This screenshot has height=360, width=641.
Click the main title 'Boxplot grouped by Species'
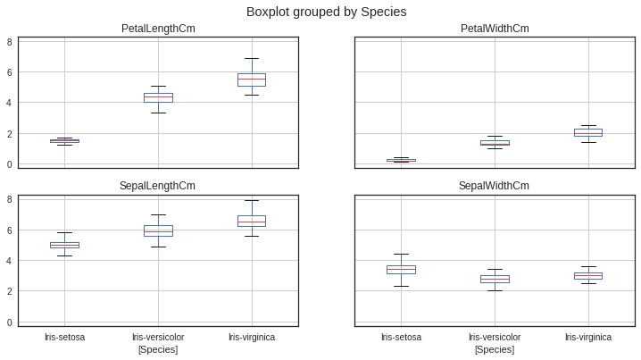tap(320, 12)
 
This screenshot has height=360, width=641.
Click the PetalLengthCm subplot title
tap(158, 29)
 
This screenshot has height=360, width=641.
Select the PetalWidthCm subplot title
tap(495, 29)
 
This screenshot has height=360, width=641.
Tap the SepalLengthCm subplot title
tap(158, 185)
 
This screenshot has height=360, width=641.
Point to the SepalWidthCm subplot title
tap(495, 185)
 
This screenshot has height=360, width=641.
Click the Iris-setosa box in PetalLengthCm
tap(64, 140)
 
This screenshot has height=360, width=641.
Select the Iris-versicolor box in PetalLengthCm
tap(158, 97)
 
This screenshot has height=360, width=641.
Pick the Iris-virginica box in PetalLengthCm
tap(251, 80)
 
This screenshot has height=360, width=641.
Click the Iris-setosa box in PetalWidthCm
tap(401, 160)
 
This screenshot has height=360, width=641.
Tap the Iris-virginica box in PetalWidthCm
tap(587, 132)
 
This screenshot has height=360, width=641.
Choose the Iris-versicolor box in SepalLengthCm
tap(158, 230)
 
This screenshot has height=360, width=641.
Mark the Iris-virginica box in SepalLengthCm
tap(251, 221)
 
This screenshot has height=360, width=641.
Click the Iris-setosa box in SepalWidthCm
tap(401, 269)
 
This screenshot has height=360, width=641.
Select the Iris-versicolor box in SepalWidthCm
tap(495, 279)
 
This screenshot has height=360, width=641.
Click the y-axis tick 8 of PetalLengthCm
tap(10, 41)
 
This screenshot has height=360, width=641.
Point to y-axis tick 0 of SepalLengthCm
tap(10, 322)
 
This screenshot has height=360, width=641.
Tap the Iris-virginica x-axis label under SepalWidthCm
tap(587, 338)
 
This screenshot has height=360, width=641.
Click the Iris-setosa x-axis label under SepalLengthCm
tap(64, 338)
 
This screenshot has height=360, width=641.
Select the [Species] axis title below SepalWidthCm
tap(495, 349)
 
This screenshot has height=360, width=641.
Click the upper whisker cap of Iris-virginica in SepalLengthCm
tap(251, 200)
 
